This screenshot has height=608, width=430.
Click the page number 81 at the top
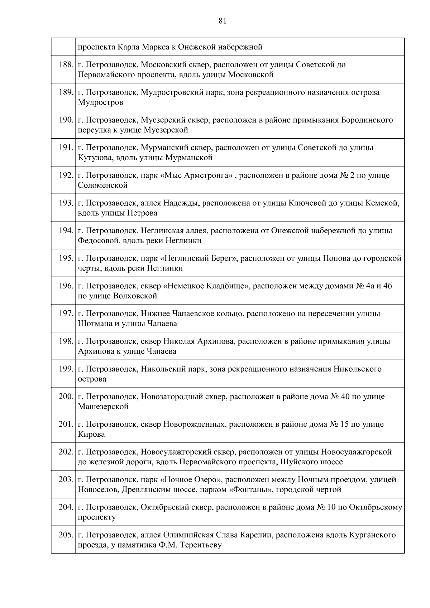(x=222, y=21)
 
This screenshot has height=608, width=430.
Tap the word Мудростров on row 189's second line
(x=101, y=102)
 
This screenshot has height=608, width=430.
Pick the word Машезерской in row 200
(x=103, y=407)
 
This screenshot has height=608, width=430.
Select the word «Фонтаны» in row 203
(x=250, y=490)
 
